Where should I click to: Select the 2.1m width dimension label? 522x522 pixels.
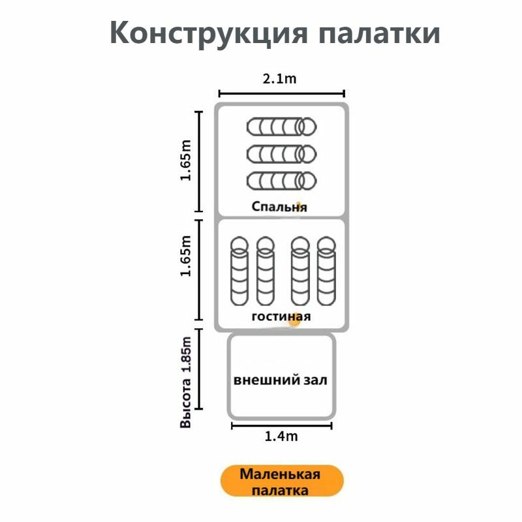[x=279, y=79]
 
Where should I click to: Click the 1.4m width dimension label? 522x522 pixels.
[x=281, y=436]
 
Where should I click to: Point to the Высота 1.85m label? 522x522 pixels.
[x=186, y=382]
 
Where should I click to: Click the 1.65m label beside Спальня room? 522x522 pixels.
[x=186, y=161]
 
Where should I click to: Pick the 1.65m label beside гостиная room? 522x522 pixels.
[x=186, y=256]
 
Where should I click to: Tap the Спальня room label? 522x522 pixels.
[x=279, y=207]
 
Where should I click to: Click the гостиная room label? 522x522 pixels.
[x=281, y=316]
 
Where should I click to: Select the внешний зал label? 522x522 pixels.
[x=281, y=380]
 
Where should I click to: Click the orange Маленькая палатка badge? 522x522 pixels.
[x=282, y=482]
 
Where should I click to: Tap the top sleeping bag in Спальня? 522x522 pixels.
[x=282, y=127]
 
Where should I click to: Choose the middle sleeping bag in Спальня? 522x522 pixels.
[x=282, y=154]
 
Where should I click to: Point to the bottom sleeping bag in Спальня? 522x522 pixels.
[x=282, y=181]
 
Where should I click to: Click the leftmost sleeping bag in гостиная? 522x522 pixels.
[x=239, y=271]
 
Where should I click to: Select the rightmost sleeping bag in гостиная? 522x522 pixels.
[x=327, y=271]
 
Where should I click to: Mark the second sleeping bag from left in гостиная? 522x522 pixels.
[x=266, y=271]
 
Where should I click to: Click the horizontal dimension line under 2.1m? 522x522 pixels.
[x=282, y=93]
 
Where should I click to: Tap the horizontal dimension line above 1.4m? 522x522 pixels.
[x=282, y=425]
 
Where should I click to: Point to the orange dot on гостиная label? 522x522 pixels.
[x=295, y=320]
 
